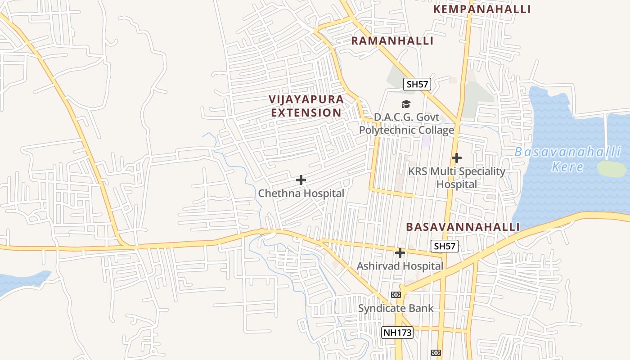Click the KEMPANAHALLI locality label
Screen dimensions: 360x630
482,9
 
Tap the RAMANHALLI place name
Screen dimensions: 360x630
392,41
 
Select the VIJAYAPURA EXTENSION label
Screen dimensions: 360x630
306,106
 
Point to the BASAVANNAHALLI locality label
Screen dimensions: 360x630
463,227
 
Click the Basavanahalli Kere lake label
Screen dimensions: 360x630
567,159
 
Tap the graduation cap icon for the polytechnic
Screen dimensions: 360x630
406,104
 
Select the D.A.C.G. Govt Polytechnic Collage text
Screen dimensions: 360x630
406,124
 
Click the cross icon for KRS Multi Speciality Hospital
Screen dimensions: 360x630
457,158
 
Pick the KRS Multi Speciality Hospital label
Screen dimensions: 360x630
457,178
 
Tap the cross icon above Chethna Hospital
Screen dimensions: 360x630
301,180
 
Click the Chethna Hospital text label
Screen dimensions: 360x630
301,193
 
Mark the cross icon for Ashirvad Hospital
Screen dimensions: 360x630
400,253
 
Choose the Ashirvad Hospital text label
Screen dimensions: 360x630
400,266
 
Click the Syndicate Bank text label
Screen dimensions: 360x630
396,308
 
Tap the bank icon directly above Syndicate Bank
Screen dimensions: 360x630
396,295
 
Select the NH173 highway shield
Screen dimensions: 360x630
397,333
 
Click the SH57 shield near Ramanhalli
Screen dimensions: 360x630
417,84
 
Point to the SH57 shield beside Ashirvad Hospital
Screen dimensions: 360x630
445,246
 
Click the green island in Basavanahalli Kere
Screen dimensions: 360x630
612,168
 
